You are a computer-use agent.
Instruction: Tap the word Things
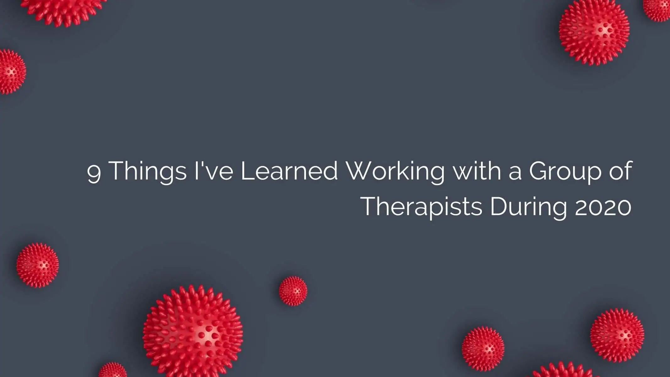(x=149, y=172)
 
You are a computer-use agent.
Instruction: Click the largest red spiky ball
(x=193, y=331)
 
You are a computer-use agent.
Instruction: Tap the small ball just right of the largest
(x=293, y=291)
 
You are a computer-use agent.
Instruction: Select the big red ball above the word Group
(x=594, y=33)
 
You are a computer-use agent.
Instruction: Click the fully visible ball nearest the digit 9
(x=37, y=265)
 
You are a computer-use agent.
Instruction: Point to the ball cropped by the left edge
(x=12, y=72)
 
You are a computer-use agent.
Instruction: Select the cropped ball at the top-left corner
(x=63, y=11)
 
